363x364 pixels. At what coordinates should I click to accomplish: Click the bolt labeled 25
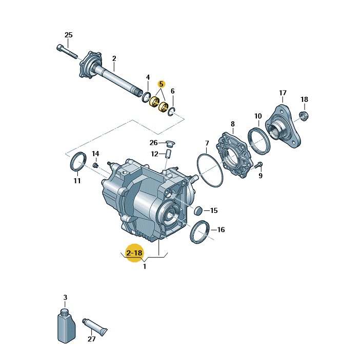click(67, 52)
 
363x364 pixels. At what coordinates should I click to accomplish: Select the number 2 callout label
click(114, 58)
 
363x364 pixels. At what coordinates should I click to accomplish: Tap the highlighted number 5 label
click(161, 84)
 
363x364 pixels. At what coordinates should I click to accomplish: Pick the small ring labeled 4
click(146, 97)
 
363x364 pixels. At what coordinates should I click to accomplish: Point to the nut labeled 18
click(304, 116)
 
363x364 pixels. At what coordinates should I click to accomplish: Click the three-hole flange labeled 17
click(284, 126)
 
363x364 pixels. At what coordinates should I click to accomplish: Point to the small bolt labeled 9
click(258, 165)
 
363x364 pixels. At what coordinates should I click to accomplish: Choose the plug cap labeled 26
click(171, 143)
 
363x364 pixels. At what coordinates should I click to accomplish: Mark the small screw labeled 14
click(95, 165)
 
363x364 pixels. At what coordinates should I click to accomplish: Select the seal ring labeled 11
click(78, 162)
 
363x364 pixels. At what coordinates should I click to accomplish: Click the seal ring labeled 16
click(200, 232)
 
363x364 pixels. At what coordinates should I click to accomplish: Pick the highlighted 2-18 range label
click(134, 252)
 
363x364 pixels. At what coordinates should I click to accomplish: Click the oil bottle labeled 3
click(66, 326)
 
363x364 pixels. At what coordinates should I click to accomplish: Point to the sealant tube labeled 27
click(95, 327)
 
